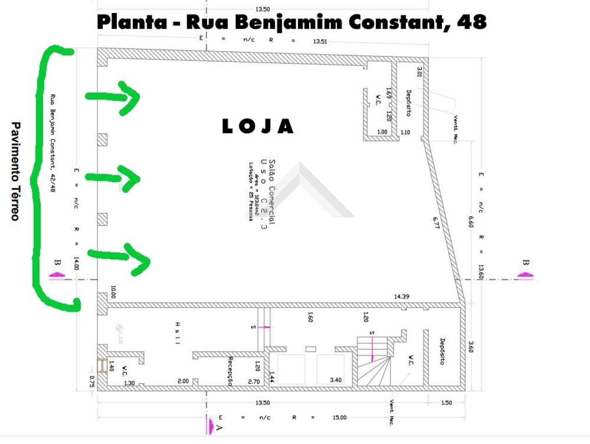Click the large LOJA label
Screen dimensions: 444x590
[x=258, y=126]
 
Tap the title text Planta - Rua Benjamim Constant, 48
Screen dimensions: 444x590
[x=292, y=22]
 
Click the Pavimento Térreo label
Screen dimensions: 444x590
[x=15, y=171]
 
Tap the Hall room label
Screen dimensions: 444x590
[x=177, y=333]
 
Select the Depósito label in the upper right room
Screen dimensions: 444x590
[x=409, y=103]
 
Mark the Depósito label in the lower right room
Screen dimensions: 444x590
[x=442, y=351]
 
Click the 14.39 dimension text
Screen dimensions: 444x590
[x=401, y=296]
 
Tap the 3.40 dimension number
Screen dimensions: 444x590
[x=335, y=380]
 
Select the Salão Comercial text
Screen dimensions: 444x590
[x=272, y=192]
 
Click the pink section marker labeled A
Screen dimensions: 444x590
[x=211, y=425]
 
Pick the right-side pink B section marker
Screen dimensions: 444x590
[x=526, y=273]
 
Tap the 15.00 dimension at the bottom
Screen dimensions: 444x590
[x=339, y=418]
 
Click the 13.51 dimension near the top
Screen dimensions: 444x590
[x=320, y=41]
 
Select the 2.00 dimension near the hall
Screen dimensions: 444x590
[x=183, y=381]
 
